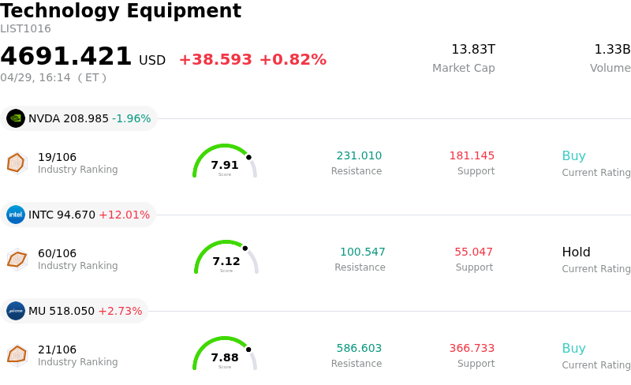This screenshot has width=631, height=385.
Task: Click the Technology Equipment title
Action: point(121,11)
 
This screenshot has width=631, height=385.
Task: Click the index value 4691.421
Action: point(66,57)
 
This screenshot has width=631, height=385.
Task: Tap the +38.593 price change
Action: point(215,60)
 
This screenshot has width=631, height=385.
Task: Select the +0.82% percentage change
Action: point(293,60)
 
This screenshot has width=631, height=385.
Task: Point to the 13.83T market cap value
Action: point(473,50)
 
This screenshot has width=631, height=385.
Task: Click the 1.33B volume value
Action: point(612,50)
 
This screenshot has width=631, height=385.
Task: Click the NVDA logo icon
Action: point(16,118)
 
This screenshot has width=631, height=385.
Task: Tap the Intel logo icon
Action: point(16,215)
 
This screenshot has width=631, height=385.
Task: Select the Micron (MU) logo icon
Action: point(16,311)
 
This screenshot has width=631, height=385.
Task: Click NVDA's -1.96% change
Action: point(132,118)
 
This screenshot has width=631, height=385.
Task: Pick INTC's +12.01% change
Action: point(124,215)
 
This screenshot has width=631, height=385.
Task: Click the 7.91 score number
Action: point(225,165)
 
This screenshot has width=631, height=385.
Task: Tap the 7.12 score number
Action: point(226,261)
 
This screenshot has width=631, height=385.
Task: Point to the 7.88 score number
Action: point(225,357)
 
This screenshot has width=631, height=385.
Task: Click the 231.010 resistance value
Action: point(359,155)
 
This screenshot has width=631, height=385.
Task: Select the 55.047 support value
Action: point(473,252)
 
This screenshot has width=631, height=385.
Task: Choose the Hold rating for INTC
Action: point(576,252)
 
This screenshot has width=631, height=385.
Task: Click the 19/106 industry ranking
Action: point(57,157)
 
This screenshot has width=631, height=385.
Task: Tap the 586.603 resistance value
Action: point(359,348)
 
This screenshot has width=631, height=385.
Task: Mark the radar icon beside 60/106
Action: point(17,259)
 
